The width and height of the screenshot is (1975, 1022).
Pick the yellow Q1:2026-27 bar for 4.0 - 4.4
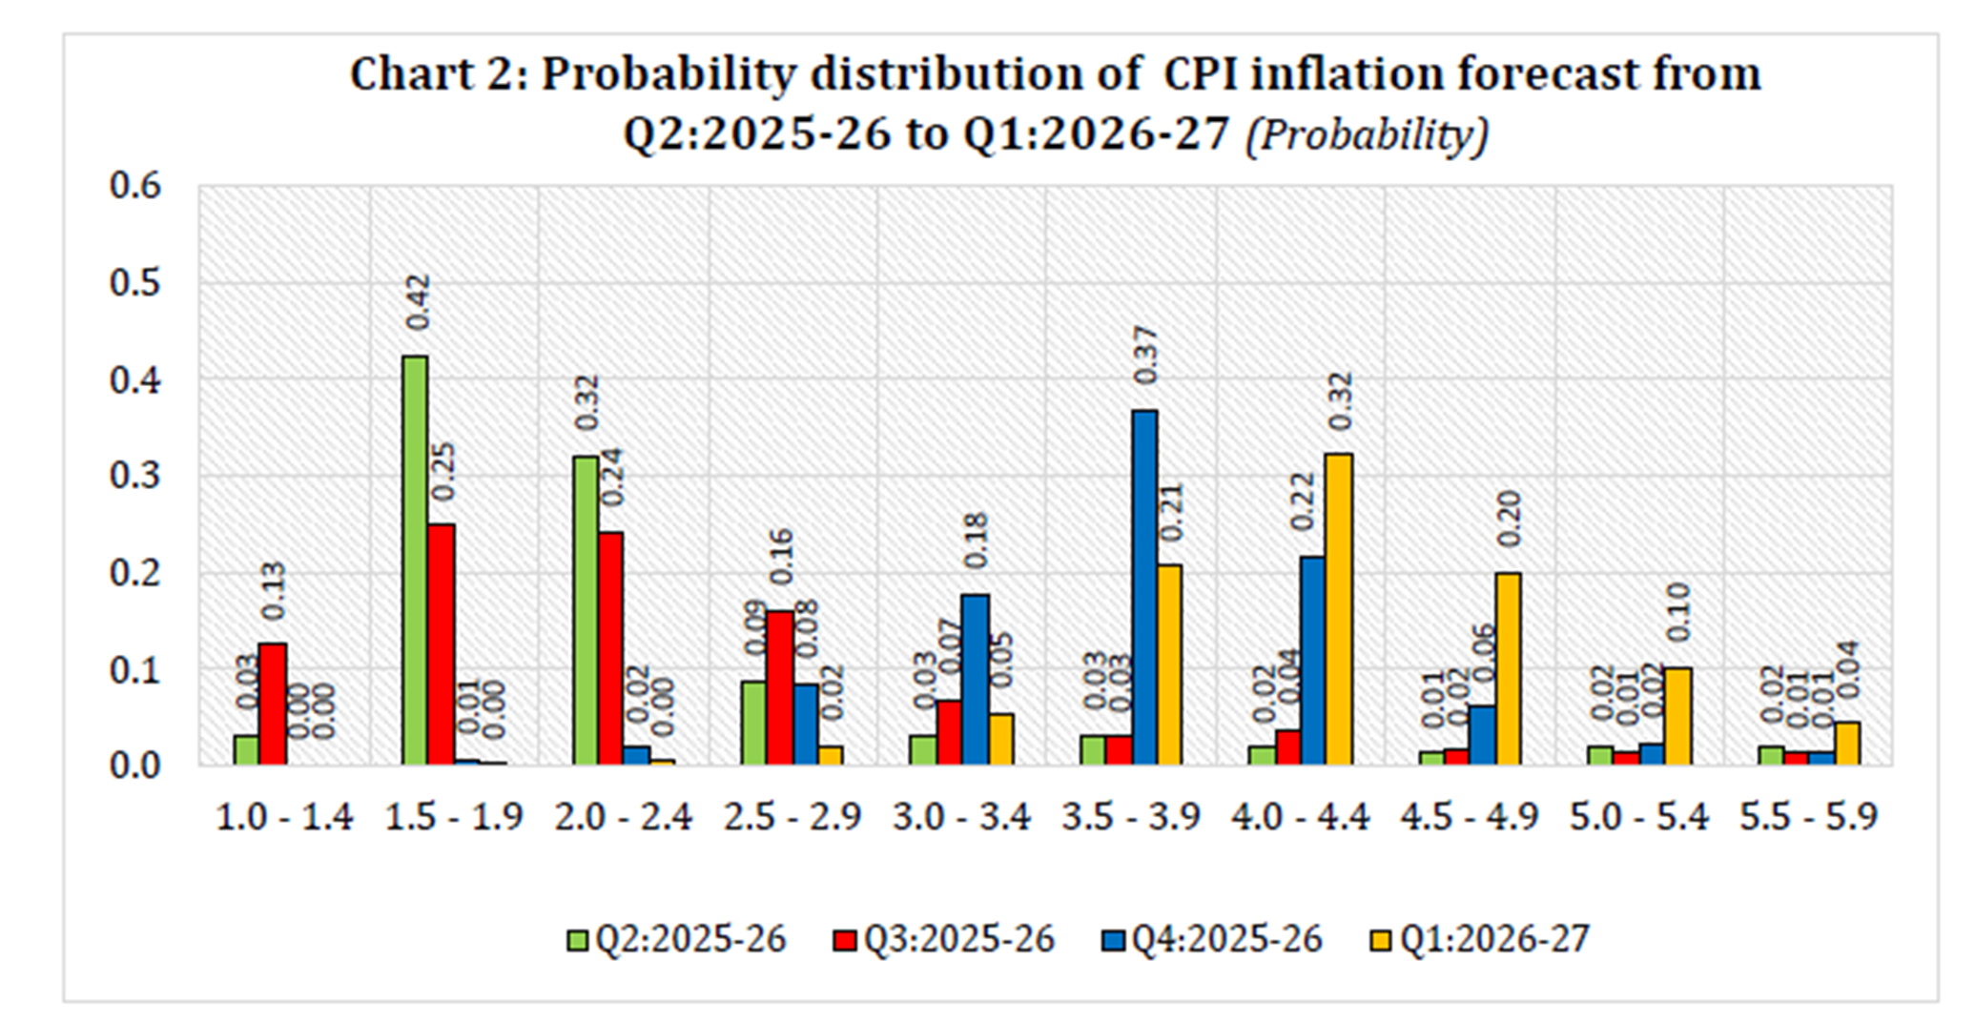click(1339, 610)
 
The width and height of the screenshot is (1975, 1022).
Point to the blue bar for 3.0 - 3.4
click(975, 679)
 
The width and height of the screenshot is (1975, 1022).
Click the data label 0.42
click(418, 302)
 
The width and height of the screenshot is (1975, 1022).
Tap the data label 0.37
click(1145, 355)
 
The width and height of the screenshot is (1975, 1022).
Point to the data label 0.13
click(273, 590)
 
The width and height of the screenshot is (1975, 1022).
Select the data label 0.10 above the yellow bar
click(1677, 612)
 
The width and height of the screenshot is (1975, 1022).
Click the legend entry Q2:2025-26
click(677, 939)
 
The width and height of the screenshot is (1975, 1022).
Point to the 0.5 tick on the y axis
click(134, 283)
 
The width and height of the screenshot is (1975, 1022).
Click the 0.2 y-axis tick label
click(134, 573)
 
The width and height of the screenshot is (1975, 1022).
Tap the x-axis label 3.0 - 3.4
click(961, 817)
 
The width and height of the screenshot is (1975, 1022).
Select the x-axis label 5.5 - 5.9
click(1808, 817)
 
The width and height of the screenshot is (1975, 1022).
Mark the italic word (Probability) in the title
click(1367, 134)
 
